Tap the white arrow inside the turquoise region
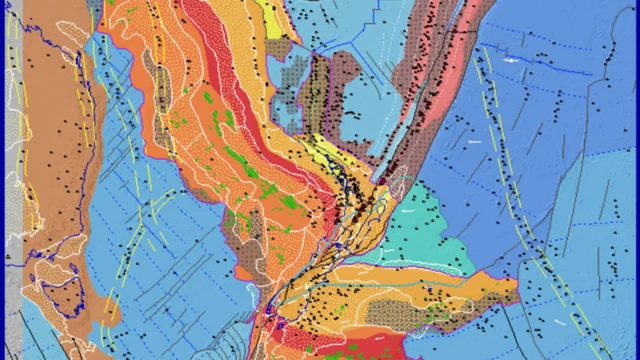pos(408,212)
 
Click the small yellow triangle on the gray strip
pos(8,257)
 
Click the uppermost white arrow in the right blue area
pos(513,62)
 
